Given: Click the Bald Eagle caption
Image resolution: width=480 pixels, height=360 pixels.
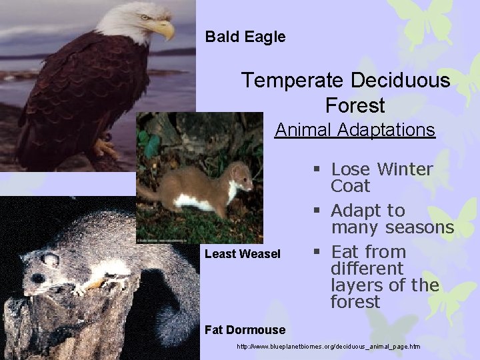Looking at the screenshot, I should tap(245, 37).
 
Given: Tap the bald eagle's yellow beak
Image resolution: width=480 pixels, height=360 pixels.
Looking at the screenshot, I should tap(163, 29).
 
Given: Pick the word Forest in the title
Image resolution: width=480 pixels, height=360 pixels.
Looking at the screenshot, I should tap(355, 105).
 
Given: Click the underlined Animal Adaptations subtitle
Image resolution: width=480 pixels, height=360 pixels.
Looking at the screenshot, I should tap(355, 129).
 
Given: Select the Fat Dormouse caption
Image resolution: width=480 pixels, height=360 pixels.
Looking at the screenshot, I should tap(245, 329).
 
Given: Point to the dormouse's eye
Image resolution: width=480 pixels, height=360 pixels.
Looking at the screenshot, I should tap(39, 277).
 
